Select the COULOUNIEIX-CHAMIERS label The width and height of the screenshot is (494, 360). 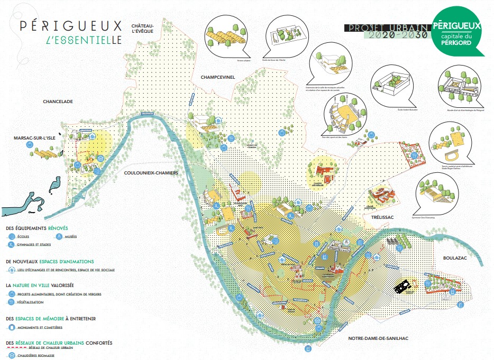[x=150, y=172]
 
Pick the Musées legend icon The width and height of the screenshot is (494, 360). [x=60, y=236]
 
